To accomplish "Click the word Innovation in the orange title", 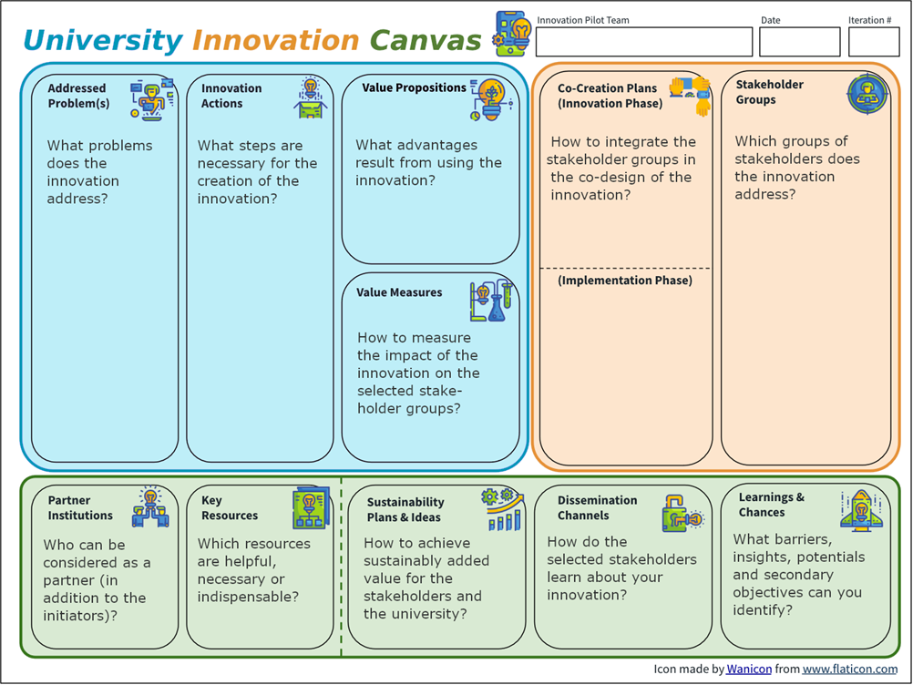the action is click(275, 41).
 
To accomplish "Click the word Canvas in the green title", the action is click(426, 41).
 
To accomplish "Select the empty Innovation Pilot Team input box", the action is click(644, 42).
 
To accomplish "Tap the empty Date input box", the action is click(799, 42).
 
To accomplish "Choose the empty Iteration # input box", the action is click(874, 42).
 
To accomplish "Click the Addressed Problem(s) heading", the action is click(78, 96).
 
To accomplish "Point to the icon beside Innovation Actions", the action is click(311, 97).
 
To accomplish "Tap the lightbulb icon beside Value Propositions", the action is click(491, 99).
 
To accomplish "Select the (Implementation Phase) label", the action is click(625, 281).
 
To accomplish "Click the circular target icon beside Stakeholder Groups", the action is click(867, 93).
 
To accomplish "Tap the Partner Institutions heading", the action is click(80, 508).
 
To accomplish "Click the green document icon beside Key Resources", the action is click(311, 507).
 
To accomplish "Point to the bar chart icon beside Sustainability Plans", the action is click(502, 509).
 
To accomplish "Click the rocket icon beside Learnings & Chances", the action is click(862, 511).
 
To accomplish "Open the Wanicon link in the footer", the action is click(749, 670).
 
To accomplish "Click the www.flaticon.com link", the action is click(849, 670).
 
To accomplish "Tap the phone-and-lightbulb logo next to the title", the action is click(512, 33).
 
